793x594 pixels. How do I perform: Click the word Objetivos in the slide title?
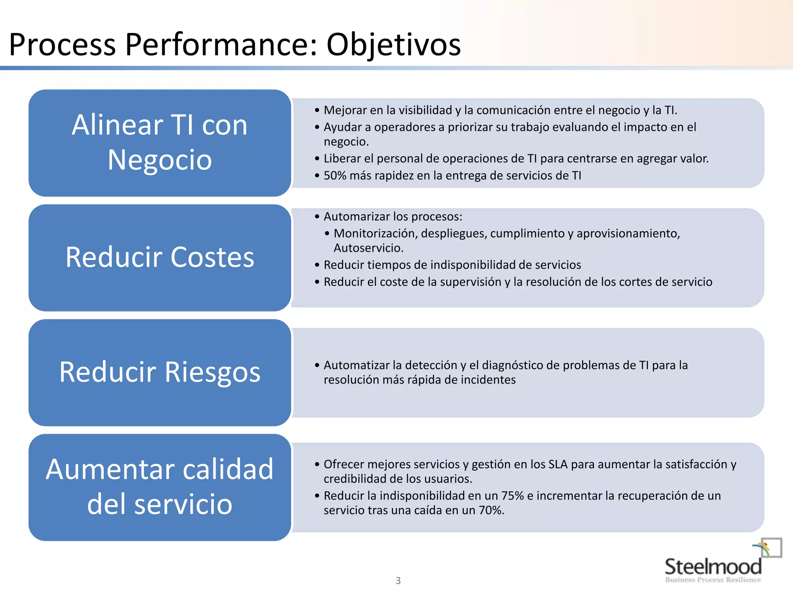pyautogui.click(x=393, y=45)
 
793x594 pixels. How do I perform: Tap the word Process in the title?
pyautogui.click(x=62, y=45)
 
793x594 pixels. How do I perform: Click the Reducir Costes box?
pyautogui.click(x=160, y=258)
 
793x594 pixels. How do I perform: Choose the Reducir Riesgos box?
pyautogui.click(x=160, y=372)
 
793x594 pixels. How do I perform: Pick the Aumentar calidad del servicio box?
pyautogui.click(x=160, y=487)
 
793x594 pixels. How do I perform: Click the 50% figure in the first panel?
pyautogui.click(x=335, y=176)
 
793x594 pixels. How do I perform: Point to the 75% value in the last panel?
pyautogui.click(x=513, y=496)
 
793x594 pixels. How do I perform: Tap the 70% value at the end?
pyautogui.click(x=491, y=510)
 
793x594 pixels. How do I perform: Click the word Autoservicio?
pyautogui.click(x=368, y=248)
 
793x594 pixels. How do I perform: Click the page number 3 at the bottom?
pyautogui.click(x=398, y=580)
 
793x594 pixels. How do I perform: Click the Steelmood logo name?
pyautogui.click(x=713, y=567)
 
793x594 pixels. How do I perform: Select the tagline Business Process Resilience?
pyautogui.click(x=713, y=580)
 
